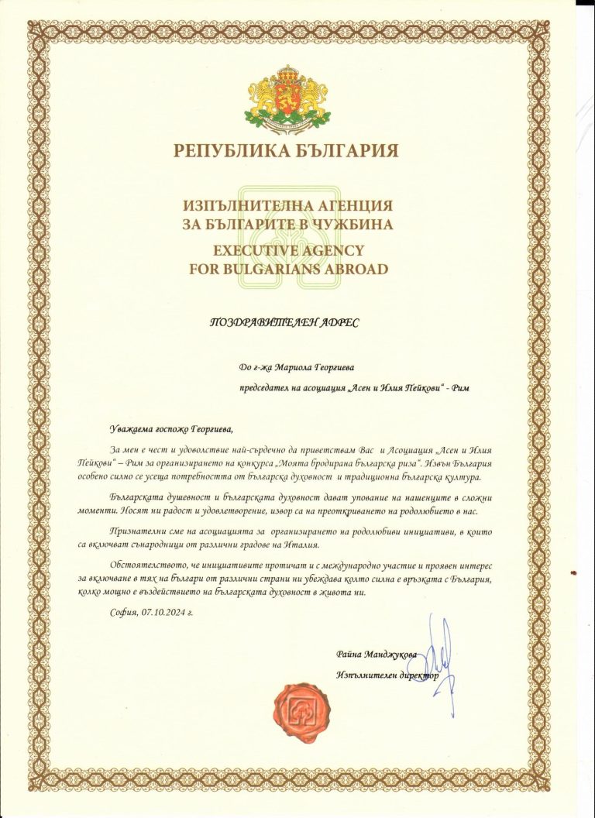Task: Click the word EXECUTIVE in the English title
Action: [253, 251]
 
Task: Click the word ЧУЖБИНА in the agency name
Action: [356, 225]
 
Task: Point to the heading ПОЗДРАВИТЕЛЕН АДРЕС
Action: [285, 321]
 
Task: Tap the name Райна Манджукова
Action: [377, 655]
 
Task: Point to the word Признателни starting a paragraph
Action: [142, 532]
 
